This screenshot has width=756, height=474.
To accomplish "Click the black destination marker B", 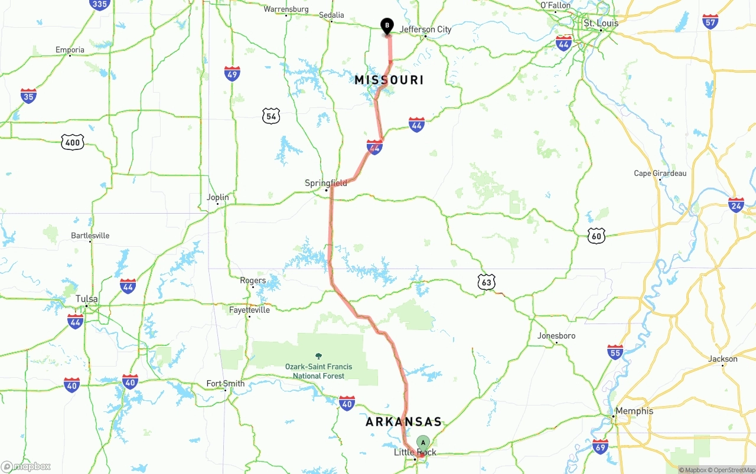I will (387, 26).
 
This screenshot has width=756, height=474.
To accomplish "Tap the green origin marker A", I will (423, 443).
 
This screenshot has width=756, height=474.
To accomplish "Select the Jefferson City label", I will (425, 30).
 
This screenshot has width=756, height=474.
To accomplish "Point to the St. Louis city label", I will (601, 24).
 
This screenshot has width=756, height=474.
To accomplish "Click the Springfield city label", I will (326, 184).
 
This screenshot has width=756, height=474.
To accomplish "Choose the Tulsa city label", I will (86, 299).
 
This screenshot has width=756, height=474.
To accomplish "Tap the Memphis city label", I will (634, 411).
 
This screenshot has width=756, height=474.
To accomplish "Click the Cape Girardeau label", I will (660, 174).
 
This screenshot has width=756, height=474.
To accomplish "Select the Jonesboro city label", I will (556, 336).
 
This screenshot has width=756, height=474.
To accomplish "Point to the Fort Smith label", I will (225, 384).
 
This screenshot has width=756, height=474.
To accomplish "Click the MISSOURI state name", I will (389, 80).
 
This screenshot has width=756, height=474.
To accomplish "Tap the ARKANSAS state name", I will (403, 422).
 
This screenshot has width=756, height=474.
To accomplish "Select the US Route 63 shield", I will (486, 282).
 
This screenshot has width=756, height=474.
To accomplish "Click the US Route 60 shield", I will (597, 236).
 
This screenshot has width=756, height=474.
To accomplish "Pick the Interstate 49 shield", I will (232, 73).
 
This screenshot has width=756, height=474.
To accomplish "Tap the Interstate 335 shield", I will (100, 5).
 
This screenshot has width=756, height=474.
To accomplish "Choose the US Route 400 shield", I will (72, 142).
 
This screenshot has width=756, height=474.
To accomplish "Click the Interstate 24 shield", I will (736, 205).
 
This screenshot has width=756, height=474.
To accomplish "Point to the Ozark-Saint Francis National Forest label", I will (318, 371).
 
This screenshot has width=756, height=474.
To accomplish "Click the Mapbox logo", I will (26, 466).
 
